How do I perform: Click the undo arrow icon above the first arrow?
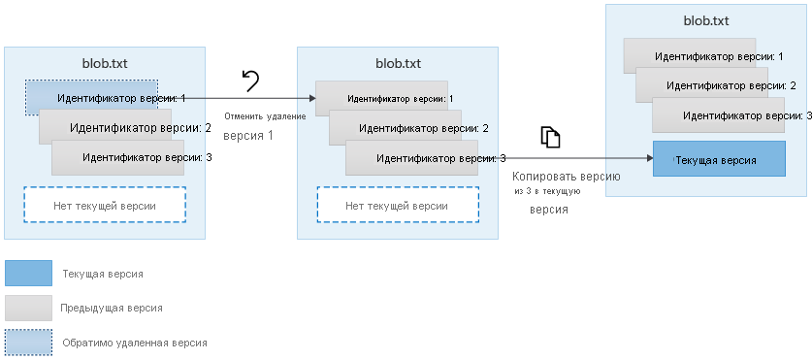point(250,82)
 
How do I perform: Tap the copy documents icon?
point(550,137)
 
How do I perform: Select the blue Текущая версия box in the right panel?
point(718,158)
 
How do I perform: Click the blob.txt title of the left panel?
point(105,64)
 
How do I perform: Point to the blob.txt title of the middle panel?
point(398,64)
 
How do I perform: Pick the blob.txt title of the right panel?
point(705,20)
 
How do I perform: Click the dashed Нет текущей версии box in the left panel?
point(105,205)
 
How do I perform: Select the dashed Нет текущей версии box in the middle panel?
point(398,205)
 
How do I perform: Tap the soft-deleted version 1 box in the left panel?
point(92,98)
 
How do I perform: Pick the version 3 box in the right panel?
point(732,115)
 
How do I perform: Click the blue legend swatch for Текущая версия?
point(28,274)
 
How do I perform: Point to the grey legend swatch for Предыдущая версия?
point(28,308)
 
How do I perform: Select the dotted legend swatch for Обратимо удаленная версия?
point(28,342)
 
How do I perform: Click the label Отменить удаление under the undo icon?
point(265,116)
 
